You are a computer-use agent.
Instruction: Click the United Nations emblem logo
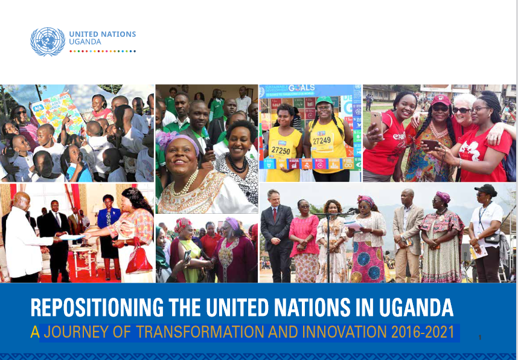pyautogui.click(x=48, y=42)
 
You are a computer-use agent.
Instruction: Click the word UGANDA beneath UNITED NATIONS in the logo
pyautogui.click(x=85, y=42)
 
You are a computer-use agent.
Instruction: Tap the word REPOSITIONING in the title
pyautogui.click(x=97, y=307)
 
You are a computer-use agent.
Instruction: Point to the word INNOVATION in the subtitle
pyautogui.click(x=344, y=332)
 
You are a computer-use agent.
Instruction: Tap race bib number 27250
pyautogui.click(x=281, y=151)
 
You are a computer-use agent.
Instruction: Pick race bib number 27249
pyautogui.click(x=322, y=141)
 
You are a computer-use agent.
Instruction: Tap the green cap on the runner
pyautogui.click(x=324, y=100)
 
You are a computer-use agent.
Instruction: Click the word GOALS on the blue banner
pyautogui.click(x=301, y=88)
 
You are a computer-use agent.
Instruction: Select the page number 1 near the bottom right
pyautogui.click(x=480, y=338)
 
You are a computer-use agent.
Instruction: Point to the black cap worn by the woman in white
pyautogui.click(x=486, y=190)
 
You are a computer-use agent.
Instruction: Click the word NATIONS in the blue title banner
pyautogui.click(x=312, y=307)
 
